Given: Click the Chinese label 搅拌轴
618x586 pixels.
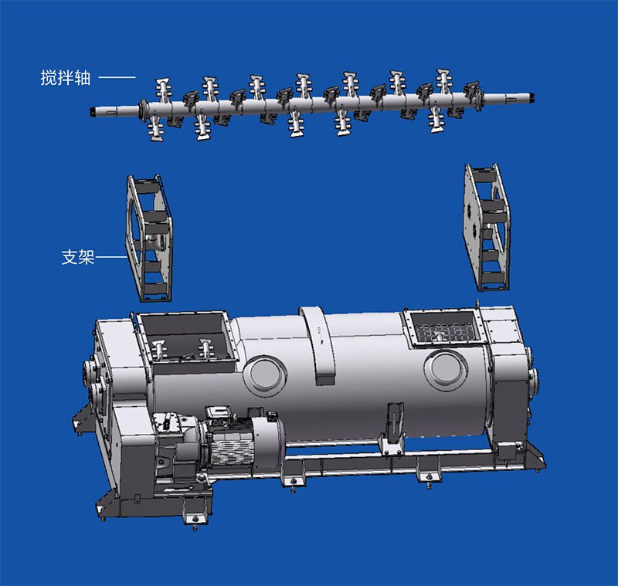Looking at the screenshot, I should (x=64, y=78).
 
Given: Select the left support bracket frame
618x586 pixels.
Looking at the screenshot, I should (x=150, y=238).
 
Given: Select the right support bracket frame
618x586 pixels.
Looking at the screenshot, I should (x=487, y=228).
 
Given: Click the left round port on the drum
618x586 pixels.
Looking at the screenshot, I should (x=264, y=374).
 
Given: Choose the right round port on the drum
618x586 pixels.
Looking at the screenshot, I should (x=447, y=366).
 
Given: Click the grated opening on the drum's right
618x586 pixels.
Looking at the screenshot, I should (x=443, y=329).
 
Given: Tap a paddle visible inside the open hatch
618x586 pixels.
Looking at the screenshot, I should (x=206, y=349).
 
